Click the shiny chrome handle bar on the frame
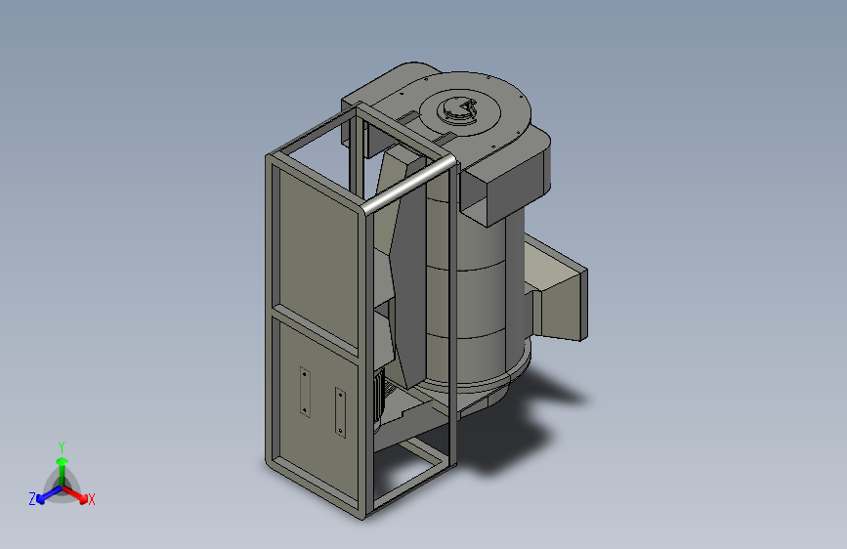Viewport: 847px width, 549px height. pos(407,185)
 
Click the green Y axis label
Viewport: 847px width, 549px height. pos(62,446)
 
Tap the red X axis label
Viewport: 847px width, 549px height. pos(91,499)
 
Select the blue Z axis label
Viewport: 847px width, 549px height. pos(32,499)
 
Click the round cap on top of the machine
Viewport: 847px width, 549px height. pos(457,108)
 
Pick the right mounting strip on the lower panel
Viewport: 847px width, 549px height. pos(340,412)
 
